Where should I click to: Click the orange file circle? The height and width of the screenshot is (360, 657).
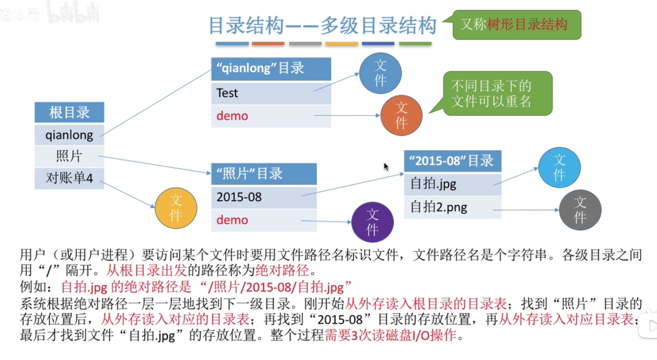[401, 115]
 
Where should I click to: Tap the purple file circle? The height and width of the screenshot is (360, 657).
[372, 222]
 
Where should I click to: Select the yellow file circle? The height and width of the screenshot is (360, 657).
[176, 208]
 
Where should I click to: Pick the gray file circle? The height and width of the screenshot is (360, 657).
[580, 210]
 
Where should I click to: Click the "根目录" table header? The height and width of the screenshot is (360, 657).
[69, 112]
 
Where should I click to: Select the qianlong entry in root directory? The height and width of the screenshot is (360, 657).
[69, 135]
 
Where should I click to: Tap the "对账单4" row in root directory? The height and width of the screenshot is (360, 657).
[69, 178]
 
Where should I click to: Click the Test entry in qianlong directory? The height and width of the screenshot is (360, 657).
[271, 93]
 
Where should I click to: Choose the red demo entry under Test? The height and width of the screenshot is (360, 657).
[271, 116]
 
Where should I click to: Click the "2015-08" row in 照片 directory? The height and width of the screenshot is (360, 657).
[263, 197]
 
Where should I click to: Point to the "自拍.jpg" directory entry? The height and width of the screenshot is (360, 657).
[452, 184]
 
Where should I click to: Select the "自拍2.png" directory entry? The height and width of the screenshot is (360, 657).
[452, 207]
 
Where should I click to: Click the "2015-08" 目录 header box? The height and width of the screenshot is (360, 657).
[452, 161]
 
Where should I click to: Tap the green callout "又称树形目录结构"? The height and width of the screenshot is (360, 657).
[516, 25]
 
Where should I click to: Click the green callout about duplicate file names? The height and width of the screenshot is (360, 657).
[497, 93]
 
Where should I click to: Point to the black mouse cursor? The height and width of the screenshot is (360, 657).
[386, 167]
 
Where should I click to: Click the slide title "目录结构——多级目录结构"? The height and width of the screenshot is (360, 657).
[322, 25]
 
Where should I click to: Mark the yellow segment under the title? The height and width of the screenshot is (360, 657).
[341, 44]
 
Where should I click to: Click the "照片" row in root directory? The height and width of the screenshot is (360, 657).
[69, 156]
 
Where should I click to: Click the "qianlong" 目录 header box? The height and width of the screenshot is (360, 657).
[271, 69]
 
